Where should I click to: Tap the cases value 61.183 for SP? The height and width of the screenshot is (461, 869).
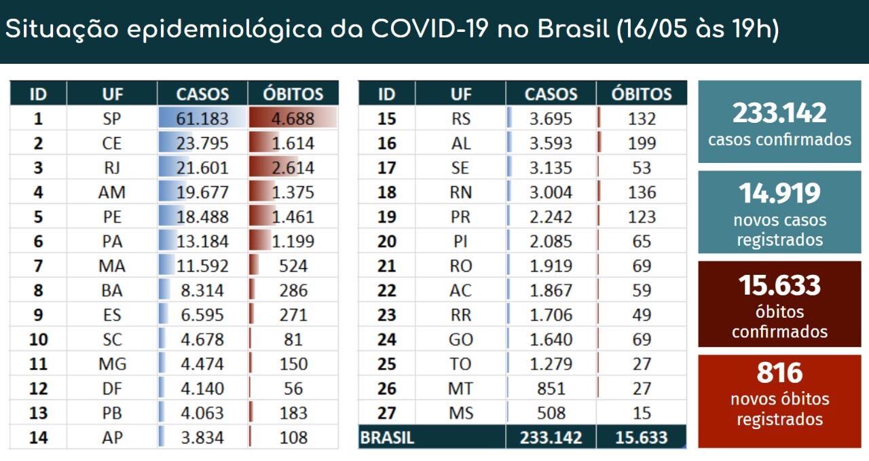[202, 119]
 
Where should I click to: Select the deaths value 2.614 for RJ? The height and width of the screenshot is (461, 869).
[293, 168]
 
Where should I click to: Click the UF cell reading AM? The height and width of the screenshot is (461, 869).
[111, 192]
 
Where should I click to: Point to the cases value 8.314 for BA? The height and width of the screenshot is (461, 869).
[202, 291]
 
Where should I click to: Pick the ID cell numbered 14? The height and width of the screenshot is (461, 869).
[38, 437]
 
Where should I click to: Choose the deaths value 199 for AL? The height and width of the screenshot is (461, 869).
[642, 143]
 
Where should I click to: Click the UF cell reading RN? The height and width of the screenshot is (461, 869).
[460, 192]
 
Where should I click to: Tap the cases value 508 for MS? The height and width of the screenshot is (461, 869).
[551, 413]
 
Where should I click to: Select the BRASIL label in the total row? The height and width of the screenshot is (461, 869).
[386, 438]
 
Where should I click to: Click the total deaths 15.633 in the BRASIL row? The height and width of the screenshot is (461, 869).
[641, 438]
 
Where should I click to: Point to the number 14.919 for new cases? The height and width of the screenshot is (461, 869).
[779, 193]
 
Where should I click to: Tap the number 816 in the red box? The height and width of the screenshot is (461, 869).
[779, 373]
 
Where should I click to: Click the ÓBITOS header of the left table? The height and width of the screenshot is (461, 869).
[293, 94]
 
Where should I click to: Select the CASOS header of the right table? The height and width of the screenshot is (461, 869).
[551, 94]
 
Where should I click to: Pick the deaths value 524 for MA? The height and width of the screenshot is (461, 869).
[293, 266]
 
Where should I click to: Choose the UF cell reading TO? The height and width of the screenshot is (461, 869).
[460, 364]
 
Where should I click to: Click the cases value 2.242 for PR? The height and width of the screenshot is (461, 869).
[551, 217]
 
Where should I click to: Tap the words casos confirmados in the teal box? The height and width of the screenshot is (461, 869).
[779, 140]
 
